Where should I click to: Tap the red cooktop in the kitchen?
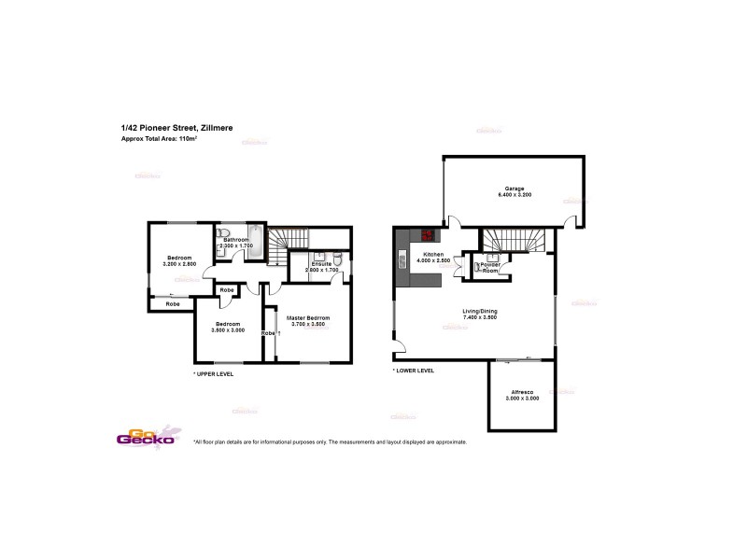pos(430,236)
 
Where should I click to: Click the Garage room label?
pos(514,189)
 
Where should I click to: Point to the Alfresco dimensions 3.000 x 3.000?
pos(522,399)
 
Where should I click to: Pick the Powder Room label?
pos(490,267)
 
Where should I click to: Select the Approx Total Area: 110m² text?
pos(160,139)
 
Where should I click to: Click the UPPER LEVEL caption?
pos(213,373)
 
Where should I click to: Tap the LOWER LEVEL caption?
pos(414,371)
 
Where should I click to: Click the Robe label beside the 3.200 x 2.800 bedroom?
pos(173,304)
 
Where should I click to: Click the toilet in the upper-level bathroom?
pos(222,233)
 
